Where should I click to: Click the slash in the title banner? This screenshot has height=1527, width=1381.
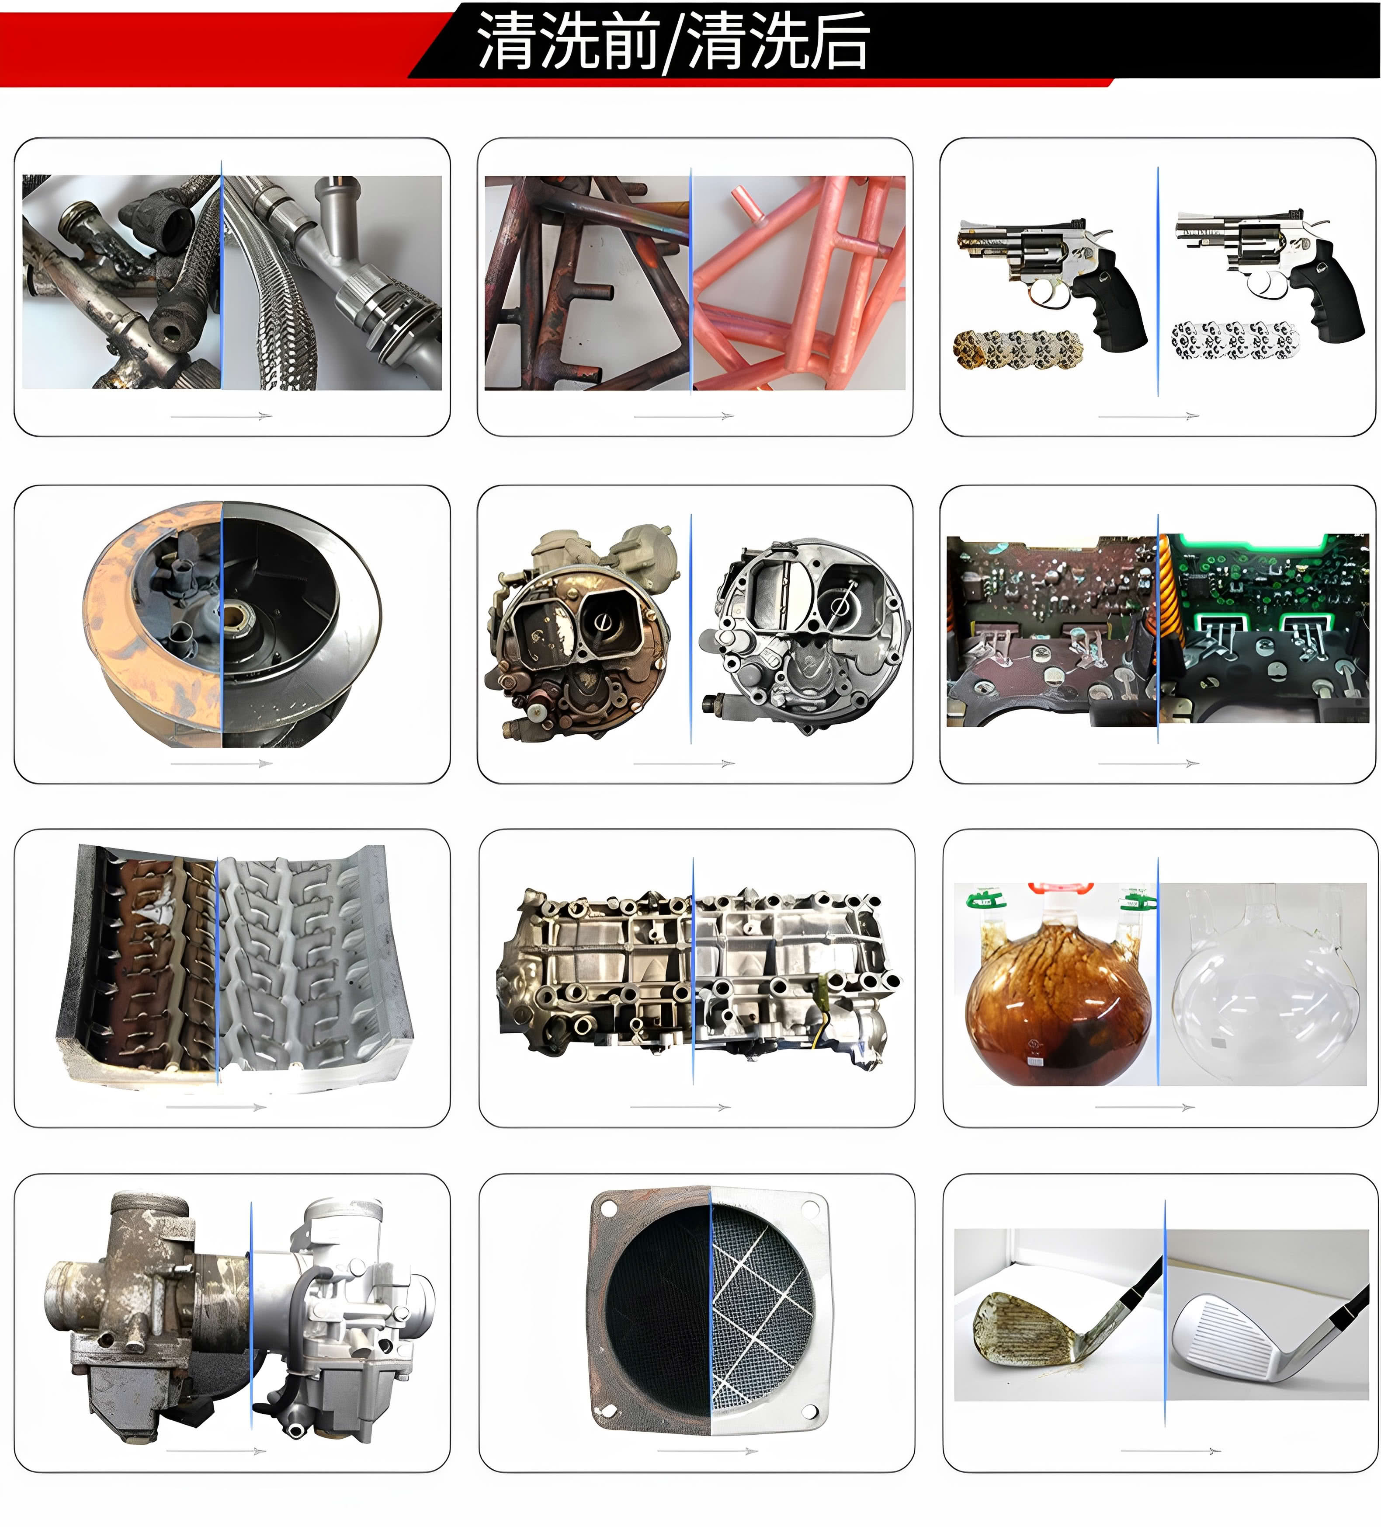pyautogui.click(x=672, y=43)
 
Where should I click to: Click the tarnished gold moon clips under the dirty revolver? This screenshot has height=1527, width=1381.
pyautogui.click(x=1017, y=349)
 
